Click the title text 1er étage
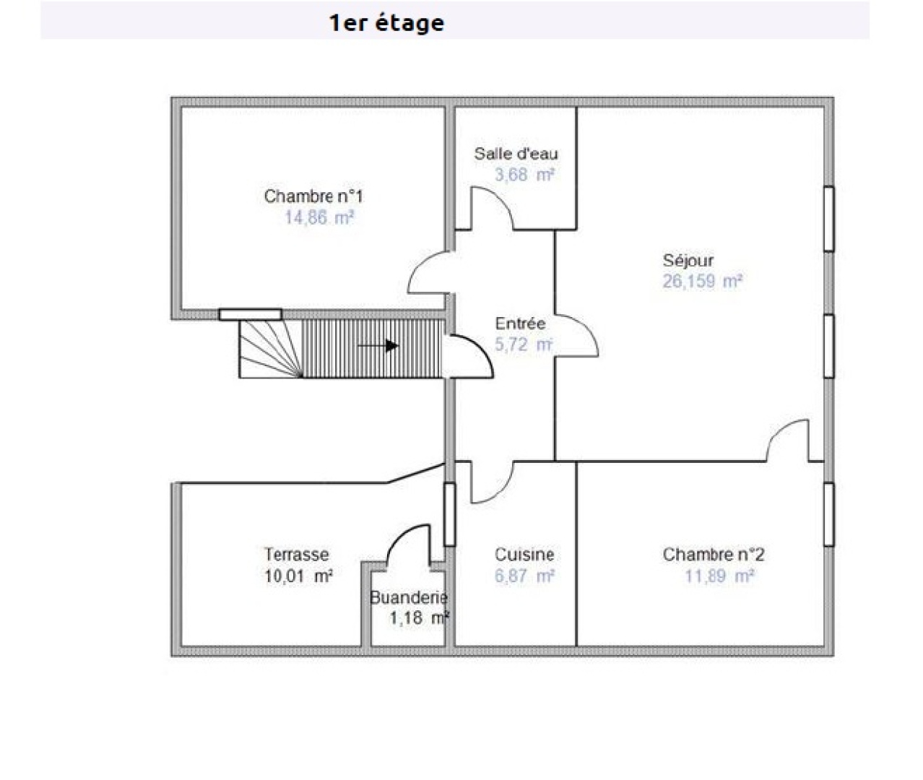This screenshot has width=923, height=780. pyautogui.click(x=386, y=22)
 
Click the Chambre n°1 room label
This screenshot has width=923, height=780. pyautogui.click(x=313, y=196)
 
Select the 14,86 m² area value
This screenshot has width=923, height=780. pyautogui.click(x=318, y=217)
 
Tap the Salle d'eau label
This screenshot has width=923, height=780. pyautogui.click(x=516, y=154)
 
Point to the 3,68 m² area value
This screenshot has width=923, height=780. pyautogui.click(x=524, y=175)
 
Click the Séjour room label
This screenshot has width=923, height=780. pyautogui.click(x=688, y=261)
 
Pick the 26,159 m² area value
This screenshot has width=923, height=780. pyautogui.click(x=702, y=282)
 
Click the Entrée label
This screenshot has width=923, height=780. pyautogui.click(x=520, y=324)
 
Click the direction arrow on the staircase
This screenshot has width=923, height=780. pyautogui.click(x=378, y=346)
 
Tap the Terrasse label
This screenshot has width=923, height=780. pyautogui.click(x=296, y=555)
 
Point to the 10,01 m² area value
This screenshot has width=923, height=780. pyautogui.click(x=298, y=576)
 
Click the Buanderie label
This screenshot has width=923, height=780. pyautogui.click(x=409, y=597)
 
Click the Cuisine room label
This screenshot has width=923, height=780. pyautogui.click(x=524, y=555)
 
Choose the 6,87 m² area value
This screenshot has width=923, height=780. pyautogui.click(x=524, y=576)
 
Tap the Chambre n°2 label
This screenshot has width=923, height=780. pyautogui.click(x=713, y=555)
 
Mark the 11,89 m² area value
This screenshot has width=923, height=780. pyautogui.click(x=719, y=576)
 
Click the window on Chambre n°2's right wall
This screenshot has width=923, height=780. pyautogui.click(x=829, y=514)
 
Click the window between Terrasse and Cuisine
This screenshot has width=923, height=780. pyautogui.click(x=449, y=514)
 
